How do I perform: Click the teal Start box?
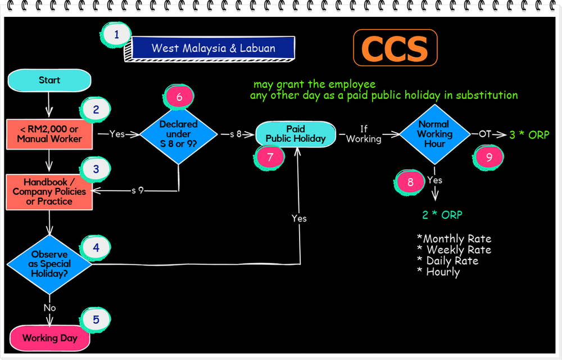[49, 80]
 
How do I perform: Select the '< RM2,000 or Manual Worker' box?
[49, 134]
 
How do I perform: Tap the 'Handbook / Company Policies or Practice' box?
[49, 191]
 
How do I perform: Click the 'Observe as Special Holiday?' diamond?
[49, 263]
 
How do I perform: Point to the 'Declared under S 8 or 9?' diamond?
[179, 134]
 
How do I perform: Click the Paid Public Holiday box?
[296, 134]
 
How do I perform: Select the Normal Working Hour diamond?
[434, 134]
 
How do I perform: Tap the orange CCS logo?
[395, 48]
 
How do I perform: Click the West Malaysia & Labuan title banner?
[213, 48]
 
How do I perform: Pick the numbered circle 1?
[116, 34]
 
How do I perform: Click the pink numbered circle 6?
[179, 97]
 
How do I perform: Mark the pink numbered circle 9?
[488, 157]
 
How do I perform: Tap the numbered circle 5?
[96, 320]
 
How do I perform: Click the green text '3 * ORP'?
[529, 135]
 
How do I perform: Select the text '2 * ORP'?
[442, 215]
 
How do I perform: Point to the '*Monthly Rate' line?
[454, 238]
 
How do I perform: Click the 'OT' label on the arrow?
[484, 134]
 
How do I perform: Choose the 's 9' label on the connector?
[137, 191]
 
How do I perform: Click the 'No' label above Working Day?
[49, 308]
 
